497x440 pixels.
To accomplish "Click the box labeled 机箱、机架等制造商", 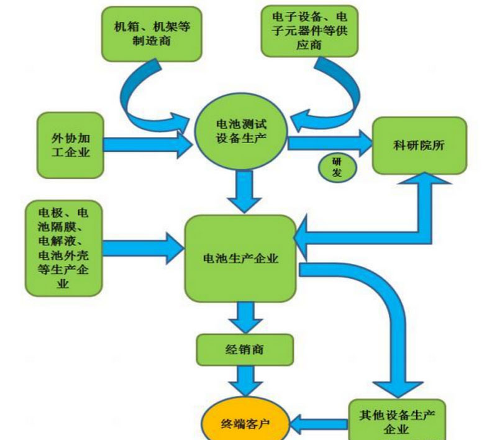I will pos(152,34).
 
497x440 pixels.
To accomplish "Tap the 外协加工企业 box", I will pos(69,144).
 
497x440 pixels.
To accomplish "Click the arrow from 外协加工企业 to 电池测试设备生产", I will pos(149,145).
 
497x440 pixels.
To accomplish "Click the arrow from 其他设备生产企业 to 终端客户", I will pos(317,423).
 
